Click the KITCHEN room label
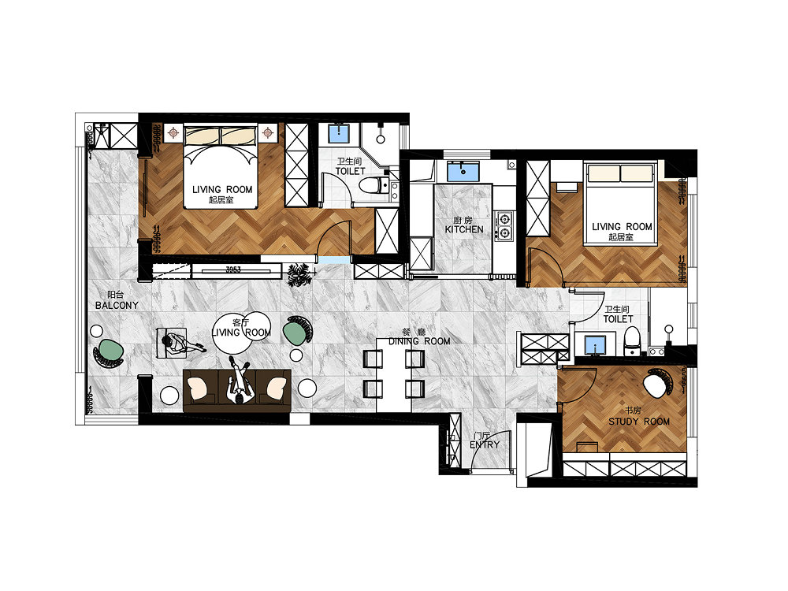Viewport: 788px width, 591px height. click(464, 229)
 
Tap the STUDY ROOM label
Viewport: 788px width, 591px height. click(639, 422)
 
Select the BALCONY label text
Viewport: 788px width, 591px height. click(117, 305)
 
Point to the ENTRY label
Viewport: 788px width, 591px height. click(485, 444)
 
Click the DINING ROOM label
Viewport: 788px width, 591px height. click(419, 341)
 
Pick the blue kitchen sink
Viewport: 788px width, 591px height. click(463, 171)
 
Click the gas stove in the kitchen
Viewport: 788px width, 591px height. click(504, 225)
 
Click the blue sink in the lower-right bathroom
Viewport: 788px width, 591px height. click(596, 345)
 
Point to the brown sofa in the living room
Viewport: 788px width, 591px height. click(237, 391)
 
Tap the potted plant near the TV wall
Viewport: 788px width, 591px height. click(300, 275)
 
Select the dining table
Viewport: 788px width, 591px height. click(394, 374)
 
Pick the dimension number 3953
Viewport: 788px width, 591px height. click(233, 269)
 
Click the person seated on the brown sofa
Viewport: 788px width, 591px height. click(240, 380)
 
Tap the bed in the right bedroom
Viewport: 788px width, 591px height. click(620, 203)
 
